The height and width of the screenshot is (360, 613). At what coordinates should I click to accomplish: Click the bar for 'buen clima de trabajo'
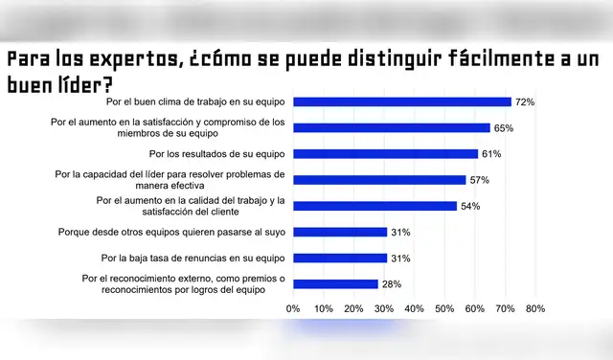tap(402, 101)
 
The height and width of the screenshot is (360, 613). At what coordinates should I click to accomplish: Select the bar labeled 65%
tap(392, 127)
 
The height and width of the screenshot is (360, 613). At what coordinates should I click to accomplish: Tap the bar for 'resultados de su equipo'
tap(385, 153)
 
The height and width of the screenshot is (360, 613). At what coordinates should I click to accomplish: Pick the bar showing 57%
tap(379, 179)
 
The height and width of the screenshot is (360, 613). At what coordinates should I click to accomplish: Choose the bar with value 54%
tap(375, 206)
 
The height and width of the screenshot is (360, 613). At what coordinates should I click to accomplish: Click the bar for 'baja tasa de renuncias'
tap(340, 258)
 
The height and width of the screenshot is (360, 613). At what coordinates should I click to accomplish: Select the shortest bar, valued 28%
tap(335, 283)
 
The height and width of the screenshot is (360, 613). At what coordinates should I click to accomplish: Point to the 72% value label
tap(525, 101)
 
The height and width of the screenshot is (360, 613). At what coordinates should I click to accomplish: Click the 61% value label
tap(491, 153)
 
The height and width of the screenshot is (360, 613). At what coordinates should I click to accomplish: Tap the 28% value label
tap(392, 283)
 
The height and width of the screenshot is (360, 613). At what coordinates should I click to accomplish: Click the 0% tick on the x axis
tap(293, 309)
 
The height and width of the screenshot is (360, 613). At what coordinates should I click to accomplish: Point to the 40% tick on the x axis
tap(415, 309)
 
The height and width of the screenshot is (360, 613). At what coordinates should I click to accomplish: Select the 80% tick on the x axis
tap(535, 309)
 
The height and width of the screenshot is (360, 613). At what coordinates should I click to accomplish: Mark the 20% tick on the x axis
tap(353, 309)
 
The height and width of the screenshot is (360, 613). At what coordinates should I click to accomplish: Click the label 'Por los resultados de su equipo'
tap(218, 153)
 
